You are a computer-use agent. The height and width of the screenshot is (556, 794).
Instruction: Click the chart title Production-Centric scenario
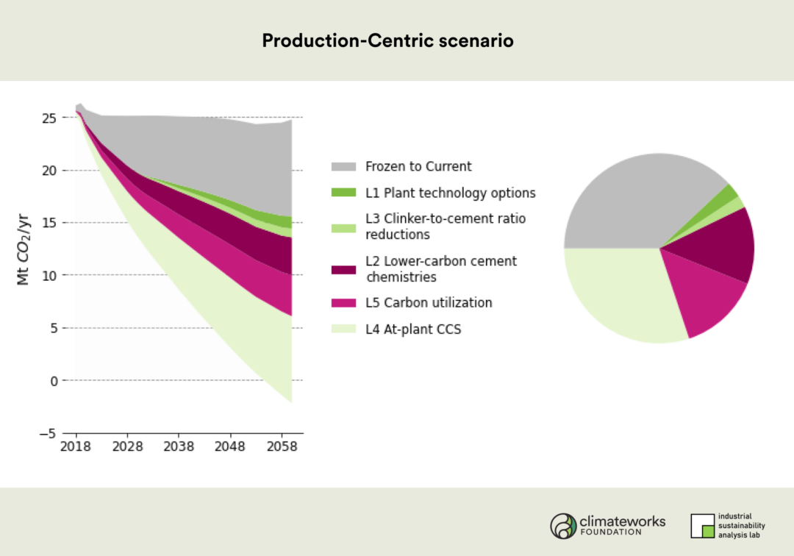(387, 40)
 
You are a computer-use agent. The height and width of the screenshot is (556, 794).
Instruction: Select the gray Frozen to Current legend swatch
(343, 166)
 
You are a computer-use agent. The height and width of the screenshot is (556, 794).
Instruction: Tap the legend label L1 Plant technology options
(450, 193)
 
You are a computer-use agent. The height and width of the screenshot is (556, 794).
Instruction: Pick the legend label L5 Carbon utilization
(429, 303)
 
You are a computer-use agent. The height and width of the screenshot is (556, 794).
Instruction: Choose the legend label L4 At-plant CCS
(413, 329)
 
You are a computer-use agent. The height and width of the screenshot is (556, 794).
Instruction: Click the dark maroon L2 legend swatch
(343, 269)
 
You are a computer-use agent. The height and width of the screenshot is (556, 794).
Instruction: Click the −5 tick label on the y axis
(49, 433)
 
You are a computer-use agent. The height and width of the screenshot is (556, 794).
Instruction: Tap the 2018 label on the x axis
(76, 446)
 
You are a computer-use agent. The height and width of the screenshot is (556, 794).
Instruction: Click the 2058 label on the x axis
(282, 446)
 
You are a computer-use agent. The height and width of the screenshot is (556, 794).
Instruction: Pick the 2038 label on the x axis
(179, 446)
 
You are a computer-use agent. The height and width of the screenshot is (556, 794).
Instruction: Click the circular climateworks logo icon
(564, 526)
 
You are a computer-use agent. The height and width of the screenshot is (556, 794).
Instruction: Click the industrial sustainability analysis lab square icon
(702, 526)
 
